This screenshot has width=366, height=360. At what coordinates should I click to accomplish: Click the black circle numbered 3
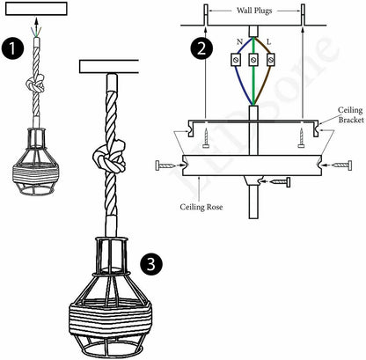pyautogui.click(x=151, y=262)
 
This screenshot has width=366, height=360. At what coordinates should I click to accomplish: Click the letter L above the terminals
pyautogui.click(x=269, y=42)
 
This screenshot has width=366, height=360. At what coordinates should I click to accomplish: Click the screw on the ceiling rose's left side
pyautogui.click(x=166, y=164)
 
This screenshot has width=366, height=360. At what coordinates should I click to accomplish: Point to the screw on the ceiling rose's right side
pyautogui.click(x=338, y=164)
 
